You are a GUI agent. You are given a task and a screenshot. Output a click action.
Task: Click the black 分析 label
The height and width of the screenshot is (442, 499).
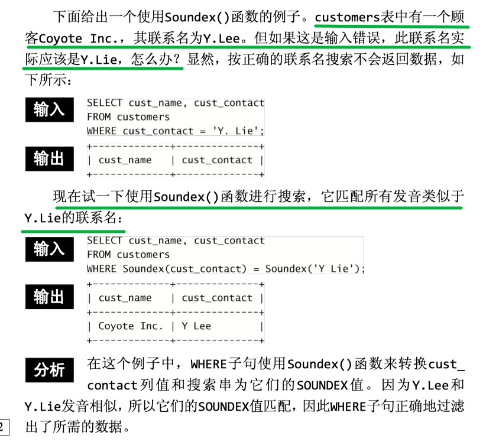click(x=50, y=370)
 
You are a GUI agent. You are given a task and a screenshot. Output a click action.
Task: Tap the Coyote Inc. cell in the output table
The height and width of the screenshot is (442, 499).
click(x=131, y=326)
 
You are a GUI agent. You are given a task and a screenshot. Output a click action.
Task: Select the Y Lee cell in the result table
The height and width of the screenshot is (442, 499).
click(x=196, y=326)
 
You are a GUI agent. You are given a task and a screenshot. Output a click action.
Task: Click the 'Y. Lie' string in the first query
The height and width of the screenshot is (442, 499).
click(x=238, y=131)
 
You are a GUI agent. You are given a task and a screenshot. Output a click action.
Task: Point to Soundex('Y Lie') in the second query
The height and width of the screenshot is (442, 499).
click(x=315, y=269)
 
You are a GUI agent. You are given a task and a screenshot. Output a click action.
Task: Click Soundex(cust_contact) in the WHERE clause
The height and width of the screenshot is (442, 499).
click(x=184, y=269)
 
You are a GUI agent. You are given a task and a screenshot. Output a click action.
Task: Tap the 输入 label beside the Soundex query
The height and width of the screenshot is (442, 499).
click(x=50, y=249)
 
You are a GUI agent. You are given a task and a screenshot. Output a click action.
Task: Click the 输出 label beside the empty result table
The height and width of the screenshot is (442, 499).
click(x=50, y=159)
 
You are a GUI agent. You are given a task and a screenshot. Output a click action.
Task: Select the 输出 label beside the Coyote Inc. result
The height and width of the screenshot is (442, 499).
click(x=50, y=297)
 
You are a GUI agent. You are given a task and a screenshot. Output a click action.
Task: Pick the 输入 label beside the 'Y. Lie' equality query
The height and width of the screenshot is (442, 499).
click(x=50, y=110)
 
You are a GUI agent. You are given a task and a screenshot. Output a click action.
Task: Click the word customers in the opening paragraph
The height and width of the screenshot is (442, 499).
click(x=347, y=17)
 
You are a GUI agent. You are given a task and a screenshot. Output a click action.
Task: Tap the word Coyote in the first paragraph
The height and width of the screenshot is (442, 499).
click(x=60, y=39)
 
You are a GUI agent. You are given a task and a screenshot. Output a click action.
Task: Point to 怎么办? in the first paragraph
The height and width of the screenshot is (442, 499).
click(x=155, y=60)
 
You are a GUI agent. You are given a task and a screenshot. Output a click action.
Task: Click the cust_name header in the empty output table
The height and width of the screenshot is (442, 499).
click(x=125, y=160)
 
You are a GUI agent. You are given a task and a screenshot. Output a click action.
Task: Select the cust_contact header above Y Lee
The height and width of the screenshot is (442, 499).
click(x=217, y=298)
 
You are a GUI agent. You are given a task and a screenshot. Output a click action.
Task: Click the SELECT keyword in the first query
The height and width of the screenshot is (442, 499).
click(x=105, y=103)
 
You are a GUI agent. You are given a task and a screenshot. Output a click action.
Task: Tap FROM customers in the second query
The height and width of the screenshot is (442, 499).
click(x=128, y=255)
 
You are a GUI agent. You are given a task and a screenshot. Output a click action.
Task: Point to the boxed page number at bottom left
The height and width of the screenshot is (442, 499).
click(x=3, y=427)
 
